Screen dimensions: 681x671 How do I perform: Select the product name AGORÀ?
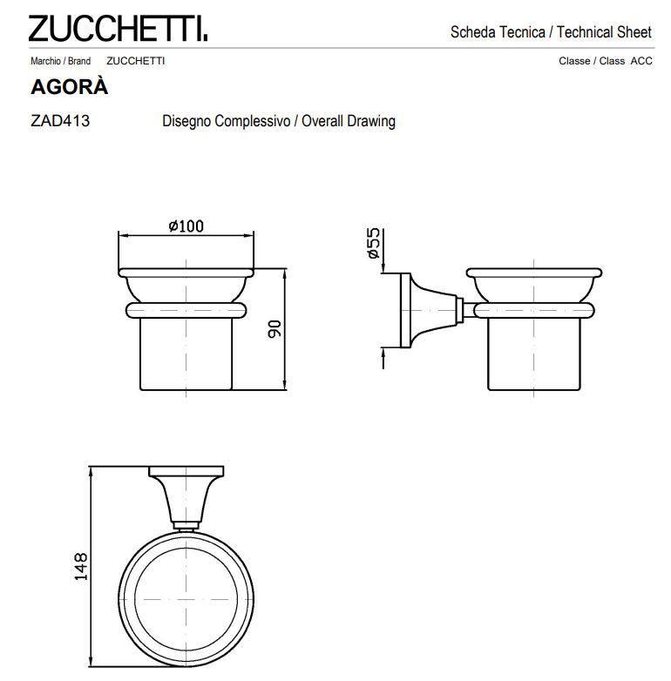tap(69, 88)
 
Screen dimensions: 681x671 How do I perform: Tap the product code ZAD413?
tap(60, 121)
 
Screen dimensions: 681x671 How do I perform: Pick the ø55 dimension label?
tap(373, 245)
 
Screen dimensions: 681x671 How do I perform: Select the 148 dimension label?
tap(80, 567)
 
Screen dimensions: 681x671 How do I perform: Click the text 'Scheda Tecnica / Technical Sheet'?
tap(550, 32)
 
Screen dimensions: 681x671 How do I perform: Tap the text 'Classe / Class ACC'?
tap(605, 62)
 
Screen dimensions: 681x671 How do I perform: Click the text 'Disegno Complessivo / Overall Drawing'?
tap(278, 121)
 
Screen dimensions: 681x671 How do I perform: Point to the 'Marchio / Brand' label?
tap(60, 62)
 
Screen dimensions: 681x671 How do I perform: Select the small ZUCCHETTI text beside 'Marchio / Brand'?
tap(135, 62)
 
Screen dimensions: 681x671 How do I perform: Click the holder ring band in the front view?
tap(186, 309)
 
